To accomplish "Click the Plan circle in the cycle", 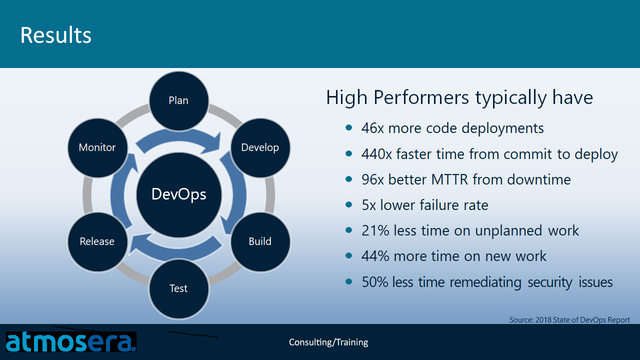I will (178, 100).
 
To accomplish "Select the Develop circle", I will (260, 147).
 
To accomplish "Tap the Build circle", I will (260, 241).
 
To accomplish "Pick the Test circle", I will (178, 288).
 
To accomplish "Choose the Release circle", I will (97, 241).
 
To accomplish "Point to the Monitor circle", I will (97, 147).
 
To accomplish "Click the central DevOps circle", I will (178, 194).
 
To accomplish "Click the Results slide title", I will (55, 35).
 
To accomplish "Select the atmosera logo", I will (70, 342).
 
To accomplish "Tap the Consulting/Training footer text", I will (328, 342).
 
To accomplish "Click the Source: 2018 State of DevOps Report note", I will (569, 319).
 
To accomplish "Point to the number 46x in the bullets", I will (372, 128).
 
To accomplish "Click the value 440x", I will (376, 154).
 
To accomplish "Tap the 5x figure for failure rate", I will (368, 205).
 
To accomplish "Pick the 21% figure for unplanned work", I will (375, 230).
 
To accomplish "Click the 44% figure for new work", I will (375, 256).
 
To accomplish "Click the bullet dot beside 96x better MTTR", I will (348, 179).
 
